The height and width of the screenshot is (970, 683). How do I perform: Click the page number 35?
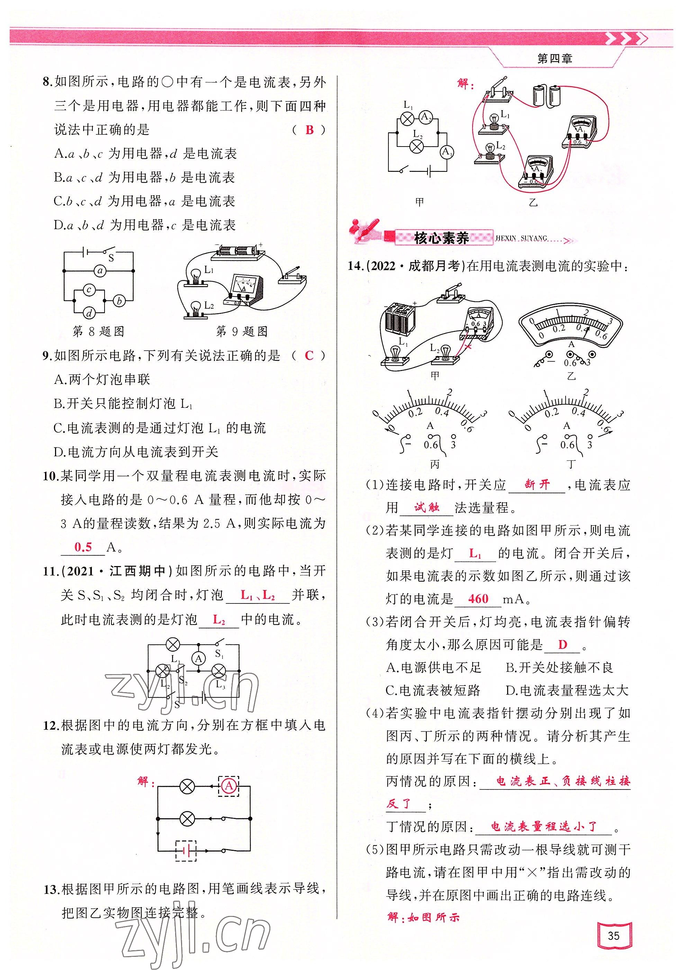(x=613, y=935)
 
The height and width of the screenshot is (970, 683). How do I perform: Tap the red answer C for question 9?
(x=309, y=355)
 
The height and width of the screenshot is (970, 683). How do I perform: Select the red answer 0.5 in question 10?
(x=83, y=547)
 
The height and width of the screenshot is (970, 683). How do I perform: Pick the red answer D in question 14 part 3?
(x=562, y=645)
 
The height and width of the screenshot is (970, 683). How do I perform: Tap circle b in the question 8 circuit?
(x=119, y=301)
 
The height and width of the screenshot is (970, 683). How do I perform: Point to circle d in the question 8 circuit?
(x=89, y=313)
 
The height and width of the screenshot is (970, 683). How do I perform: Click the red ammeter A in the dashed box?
(x=229, y=785)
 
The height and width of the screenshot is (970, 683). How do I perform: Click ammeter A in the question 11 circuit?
(x=198, y=659)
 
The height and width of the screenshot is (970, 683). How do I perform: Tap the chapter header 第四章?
(x=554, y=59)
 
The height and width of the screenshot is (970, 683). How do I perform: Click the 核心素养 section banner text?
(x=441, y=238)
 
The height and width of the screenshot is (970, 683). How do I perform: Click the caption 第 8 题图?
(x=98, y=332)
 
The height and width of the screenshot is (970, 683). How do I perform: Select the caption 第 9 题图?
(x=242, y=332)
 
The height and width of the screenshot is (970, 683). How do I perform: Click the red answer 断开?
(x=537, y=484)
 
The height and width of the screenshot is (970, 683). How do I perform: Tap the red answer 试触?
(x=426, y=508)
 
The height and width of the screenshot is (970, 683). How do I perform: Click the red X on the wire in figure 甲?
(x=467, y=347)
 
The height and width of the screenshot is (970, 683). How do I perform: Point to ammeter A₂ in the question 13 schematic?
(x=425, y=117)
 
